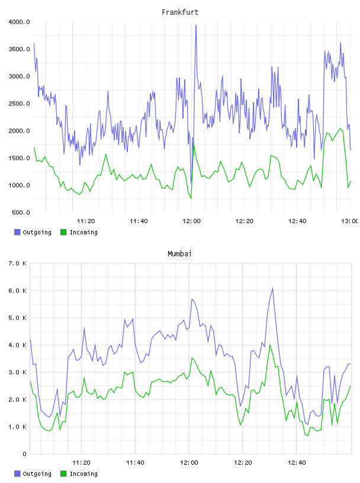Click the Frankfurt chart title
pyautogui.click(x=180, y=12)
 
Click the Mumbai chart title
pyautogui.click(x=179, y=253)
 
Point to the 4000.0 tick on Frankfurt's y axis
pyautogui.click(x=19, y=22)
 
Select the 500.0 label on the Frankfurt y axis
pyautogui.click(x=21, y=212)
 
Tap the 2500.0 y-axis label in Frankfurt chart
pyautogui.click(x=19, y=104)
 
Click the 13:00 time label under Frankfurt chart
pyautogui.click(x=350, y=221)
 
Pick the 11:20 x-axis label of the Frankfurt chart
pyautogui.click(x=86, y=221)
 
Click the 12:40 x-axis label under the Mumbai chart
pyautogui.click(x=297, y=463)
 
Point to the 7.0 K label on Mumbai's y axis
pyautogui.click(x=17, y=263)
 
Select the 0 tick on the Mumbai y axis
pyautogui.click(x=24, y=454)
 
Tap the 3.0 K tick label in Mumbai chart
pyautogui.click(x=17, y=372)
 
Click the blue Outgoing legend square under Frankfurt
pyautogui.click(x=17, y=232)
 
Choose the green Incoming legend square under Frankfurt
pyautogui.click(x=63, y=232)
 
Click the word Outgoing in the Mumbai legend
pyautogui.click(x=37, y=474)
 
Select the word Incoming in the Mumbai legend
pyautogui.click(x=83, y=474)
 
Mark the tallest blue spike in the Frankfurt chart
pyautogui.click(x=196, y=26)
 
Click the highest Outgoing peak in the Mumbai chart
pyautogui.click(x=272, y=289)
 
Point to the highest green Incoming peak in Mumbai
pyautogui.click(x=270, y=345)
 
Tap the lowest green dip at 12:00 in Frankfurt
pyautogui.click(x=191, y=198)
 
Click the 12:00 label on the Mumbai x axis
pyautogui.click(x=189, y=463)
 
